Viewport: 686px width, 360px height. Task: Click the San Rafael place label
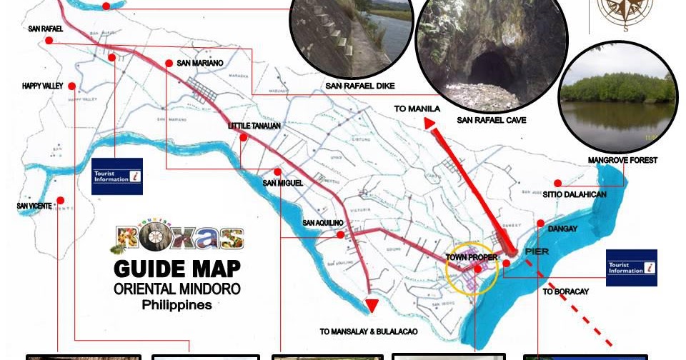(46, 29)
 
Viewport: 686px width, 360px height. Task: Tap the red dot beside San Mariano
(169, 63)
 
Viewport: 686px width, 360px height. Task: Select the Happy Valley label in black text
(43, 86)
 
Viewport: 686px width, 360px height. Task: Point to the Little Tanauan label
(254, 126)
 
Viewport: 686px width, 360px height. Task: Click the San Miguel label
(283, 183)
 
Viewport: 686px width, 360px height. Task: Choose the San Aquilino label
(323, 223)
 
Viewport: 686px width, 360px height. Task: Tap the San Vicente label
(34, 206)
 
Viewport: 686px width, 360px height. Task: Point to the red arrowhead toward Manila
(430, 124)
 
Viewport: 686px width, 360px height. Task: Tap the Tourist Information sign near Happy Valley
(117, 176)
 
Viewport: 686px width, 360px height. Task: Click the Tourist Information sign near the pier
(631, 268)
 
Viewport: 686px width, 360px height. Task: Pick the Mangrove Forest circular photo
(617, 98)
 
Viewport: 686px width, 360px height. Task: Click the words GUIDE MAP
(177, 269)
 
